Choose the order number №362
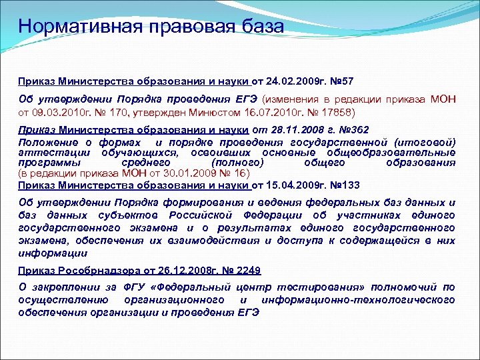pos(355,131)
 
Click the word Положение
pos(46,142)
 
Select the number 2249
pos(245,270)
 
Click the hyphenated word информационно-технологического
pos(359,300)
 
